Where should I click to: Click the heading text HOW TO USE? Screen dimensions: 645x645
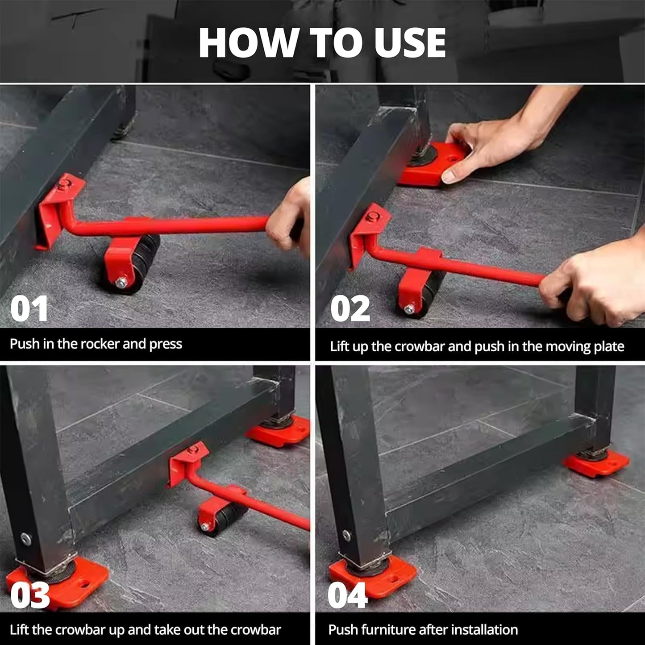[322, 43]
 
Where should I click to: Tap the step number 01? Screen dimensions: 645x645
[29, 309]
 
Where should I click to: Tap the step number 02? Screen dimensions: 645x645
[350, 309]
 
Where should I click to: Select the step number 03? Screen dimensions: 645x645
[30, 595]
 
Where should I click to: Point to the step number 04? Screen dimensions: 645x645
[347, 595]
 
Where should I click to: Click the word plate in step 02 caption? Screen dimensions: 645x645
[611, 347]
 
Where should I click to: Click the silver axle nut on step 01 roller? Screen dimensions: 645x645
[121, 282]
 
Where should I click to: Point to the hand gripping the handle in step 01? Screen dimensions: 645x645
[290, 219]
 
